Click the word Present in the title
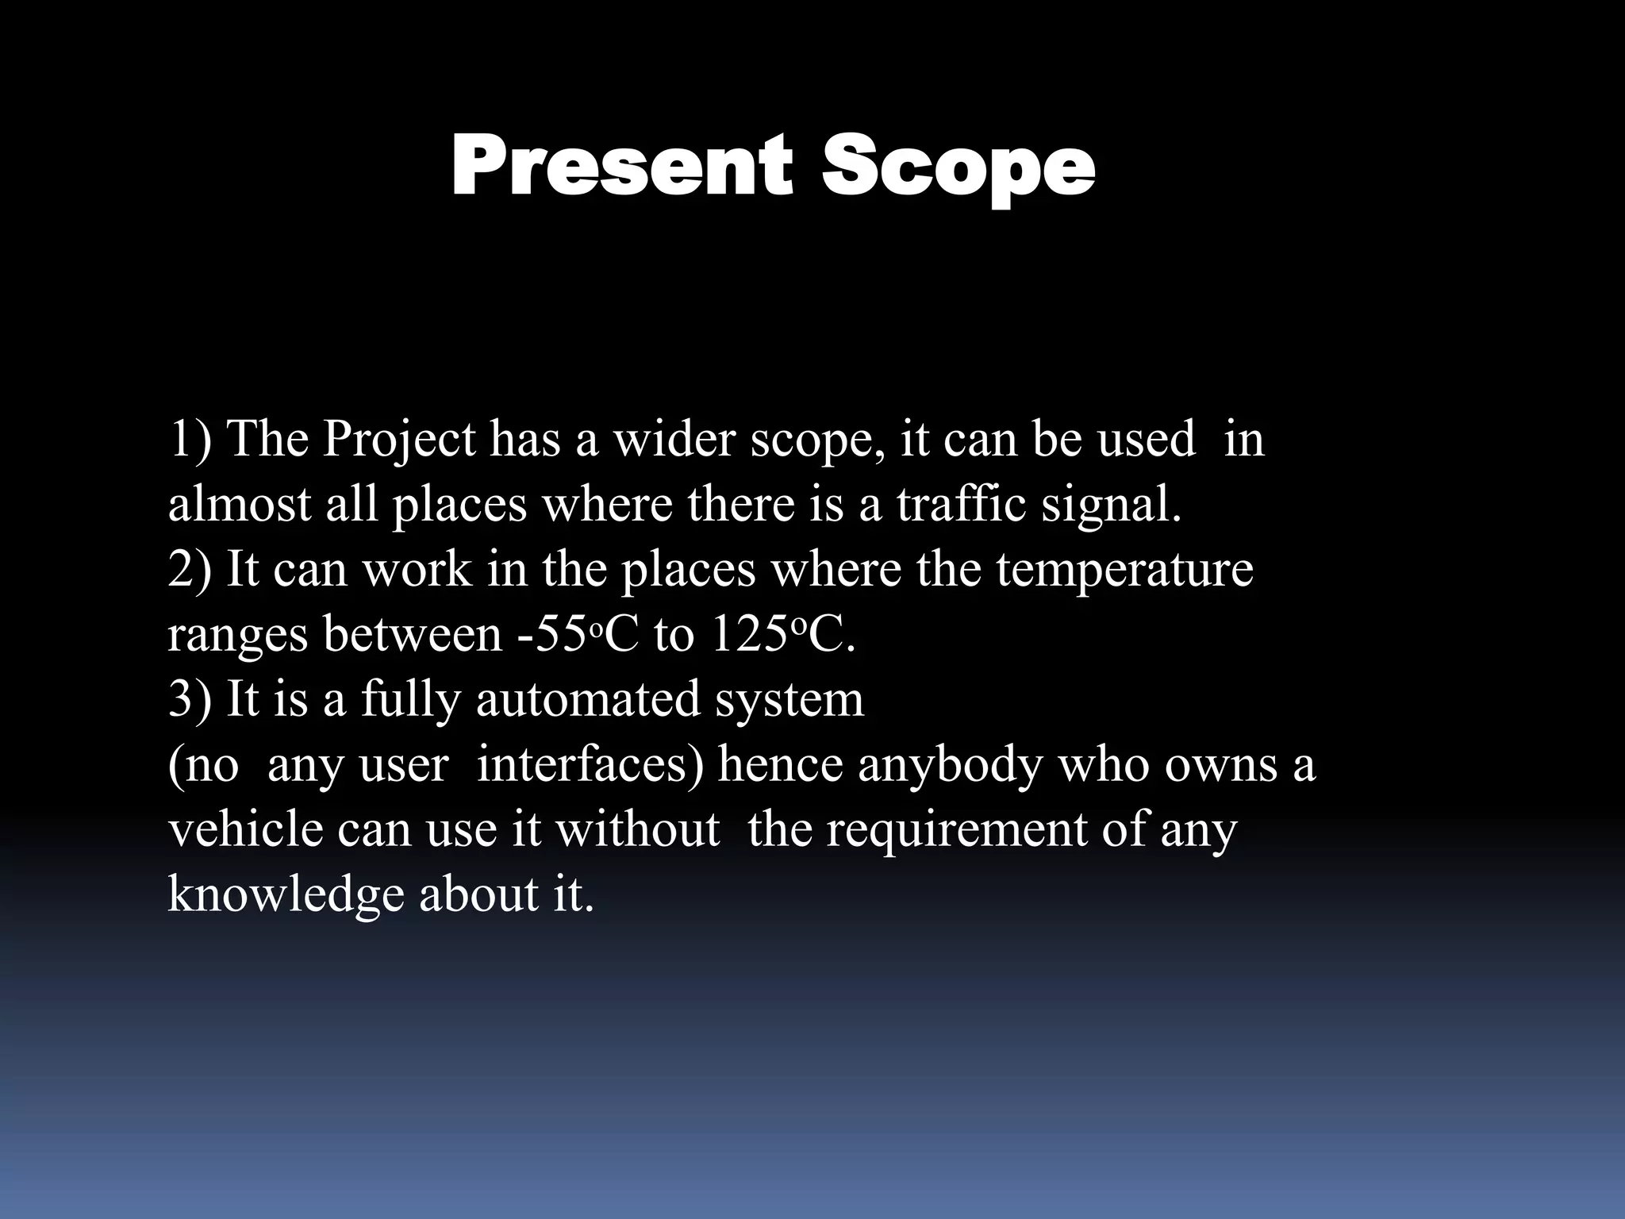[x=621, y=167]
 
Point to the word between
[x=412, y=634]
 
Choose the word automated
[x=588, y=699]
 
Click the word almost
[x=239, y=504]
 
